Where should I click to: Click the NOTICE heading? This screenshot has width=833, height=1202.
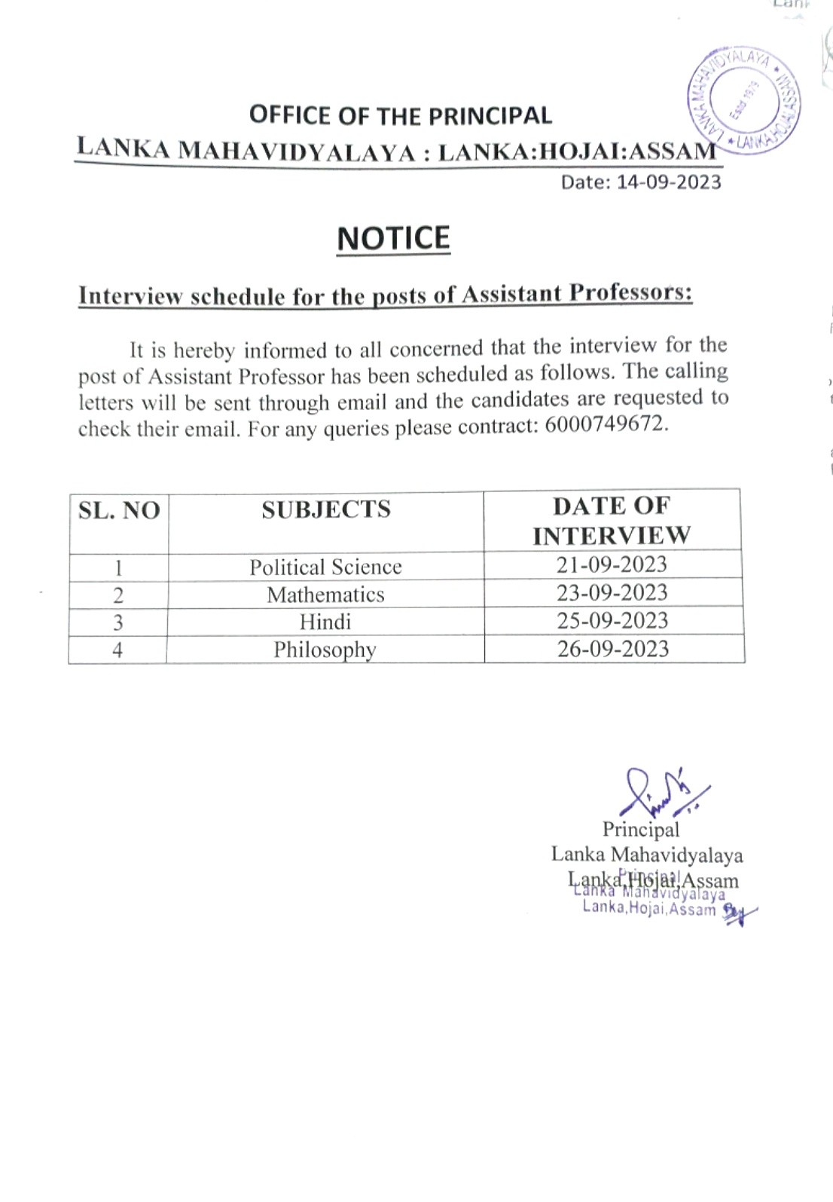point(393,239)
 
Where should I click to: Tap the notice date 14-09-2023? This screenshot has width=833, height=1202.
point(669,182)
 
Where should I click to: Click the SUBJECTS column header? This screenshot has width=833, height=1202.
point(326,510)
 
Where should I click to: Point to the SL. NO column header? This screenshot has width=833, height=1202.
point(119,511)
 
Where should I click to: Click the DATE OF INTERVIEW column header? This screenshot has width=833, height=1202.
point(611,520)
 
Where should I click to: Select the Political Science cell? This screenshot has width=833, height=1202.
point(325,567)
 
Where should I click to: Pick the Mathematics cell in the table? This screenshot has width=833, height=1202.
point(325,595)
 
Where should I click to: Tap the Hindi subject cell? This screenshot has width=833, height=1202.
point(325,622)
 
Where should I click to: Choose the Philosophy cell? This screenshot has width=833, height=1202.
point(325,650)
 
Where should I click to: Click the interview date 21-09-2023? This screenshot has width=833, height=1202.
point(612,564)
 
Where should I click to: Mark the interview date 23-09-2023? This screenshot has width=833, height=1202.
point(612,592)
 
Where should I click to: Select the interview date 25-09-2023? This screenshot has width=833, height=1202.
point(612,620)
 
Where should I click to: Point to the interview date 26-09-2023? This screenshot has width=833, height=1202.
point(612,649)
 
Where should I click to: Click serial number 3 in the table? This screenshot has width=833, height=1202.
point(117,622)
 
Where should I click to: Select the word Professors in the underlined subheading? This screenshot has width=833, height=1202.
point(630,292)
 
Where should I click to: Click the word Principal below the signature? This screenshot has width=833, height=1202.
point(640,830)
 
